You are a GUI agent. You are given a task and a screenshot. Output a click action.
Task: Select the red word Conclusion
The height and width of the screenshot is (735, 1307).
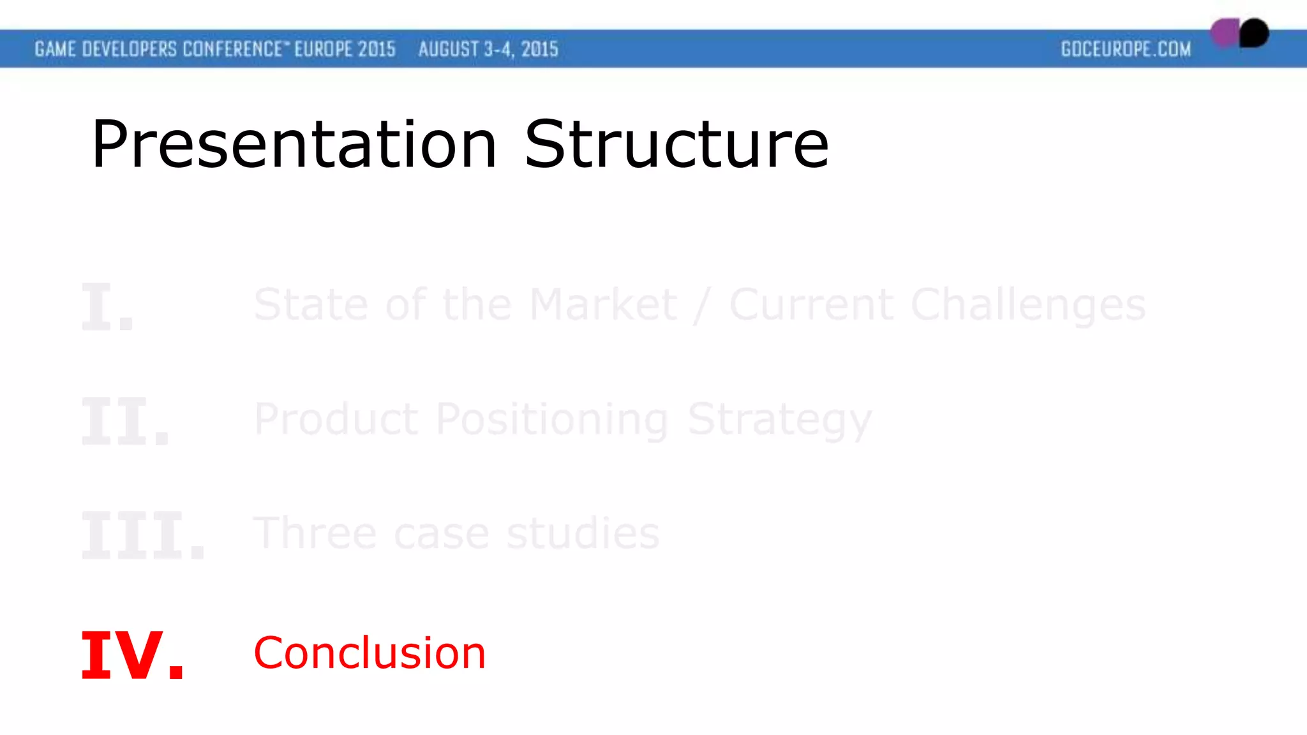pyautogui.click(x=370, y=653)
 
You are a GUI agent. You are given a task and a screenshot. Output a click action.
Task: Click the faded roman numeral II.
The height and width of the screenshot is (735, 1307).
pyautogui.click(x=125, y=422)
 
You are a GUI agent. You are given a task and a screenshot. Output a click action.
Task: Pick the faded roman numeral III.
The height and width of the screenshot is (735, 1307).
pyautogui.click(x=143, y=536)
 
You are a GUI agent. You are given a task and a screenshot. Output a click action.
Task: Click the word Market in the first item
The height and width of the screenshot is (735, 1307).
pyautogui.click(x=603, y=304)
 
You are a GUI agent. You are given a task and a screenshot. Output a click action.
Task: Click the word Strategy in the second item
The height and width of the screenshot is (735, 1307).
pyautogui.click(x=779, y=420)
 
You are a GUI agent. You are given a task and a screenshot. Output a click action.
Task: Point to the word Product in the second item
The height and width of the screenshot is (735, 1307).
pyautogui.click(x=336, y=419)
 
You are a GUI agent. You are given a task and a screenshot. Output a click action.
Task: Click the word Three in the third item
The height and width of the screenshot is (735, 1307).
pyautogui.click(x=317, y=533)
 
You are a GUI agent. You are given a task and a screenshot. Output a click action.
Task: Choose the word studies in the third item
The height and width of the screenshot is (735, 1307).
pyautogui.click(x=583, y=533)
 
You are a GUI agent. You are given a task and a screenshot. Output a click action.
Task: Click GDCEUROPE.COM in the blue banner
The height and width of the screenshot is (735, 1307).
pyautogui.click(x=1126, y=49)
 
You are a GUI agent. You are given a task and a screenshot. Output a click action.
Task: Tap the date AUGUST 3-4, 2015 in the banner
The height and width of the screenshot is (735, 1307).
pyautogui.click(x=488, y=49)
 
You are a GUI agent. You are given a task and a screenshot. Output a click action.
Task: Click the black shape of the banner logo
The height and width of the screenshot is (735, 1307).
pyautogui.click(x=1255, y=33)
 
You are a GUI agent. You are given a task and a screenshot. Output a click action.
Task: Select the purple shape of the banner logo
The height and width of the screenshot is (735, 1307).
pyautogui.click(x=1223, y=33)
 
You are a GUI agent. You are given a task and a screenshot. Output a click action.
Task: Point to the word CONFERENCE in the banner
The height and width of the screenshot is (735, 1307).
pyautogui.click(x=232, y=49)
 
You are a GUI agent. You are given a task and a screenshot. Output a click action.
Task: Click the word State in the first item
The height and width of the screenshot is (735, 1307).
pyautogui.click(x=311, y=304)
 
